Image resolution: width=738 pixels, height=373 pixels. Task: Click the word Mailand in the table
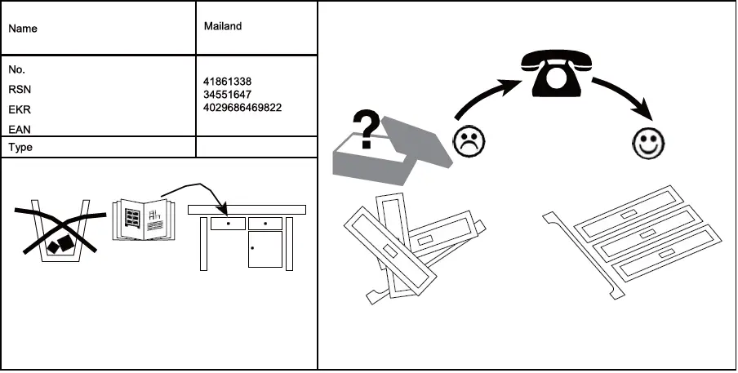[222, 26]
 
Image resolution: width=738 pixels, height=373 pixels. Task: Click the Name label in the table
[23, 29]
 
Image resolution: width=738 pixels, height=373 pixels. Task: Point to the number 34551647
[227, 95]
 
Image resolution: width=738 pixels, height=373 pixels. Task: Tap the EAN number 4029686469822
[242, 107]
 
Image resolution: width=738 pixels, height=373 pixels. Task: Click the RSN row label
[20, 90]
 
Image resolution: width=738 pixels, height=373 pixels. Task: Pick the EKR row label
[20, 109]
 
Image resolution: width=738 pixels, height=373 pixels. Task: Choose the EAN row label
[20, 129]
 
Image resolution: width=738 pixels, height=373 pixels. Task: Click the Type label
[20, 148]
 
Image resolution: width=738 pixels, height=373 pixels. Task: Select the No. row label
[17, 70]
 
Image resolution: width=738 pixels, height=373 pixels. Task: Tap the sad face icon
[468, 142]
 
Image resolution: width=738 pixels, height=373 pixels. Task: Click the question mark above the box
[367, 130]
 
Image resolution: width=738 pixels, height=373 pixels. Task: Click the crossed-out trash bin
[60, 231]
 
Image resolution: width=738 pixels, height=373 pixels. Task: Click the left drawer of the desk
[228, 223]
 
